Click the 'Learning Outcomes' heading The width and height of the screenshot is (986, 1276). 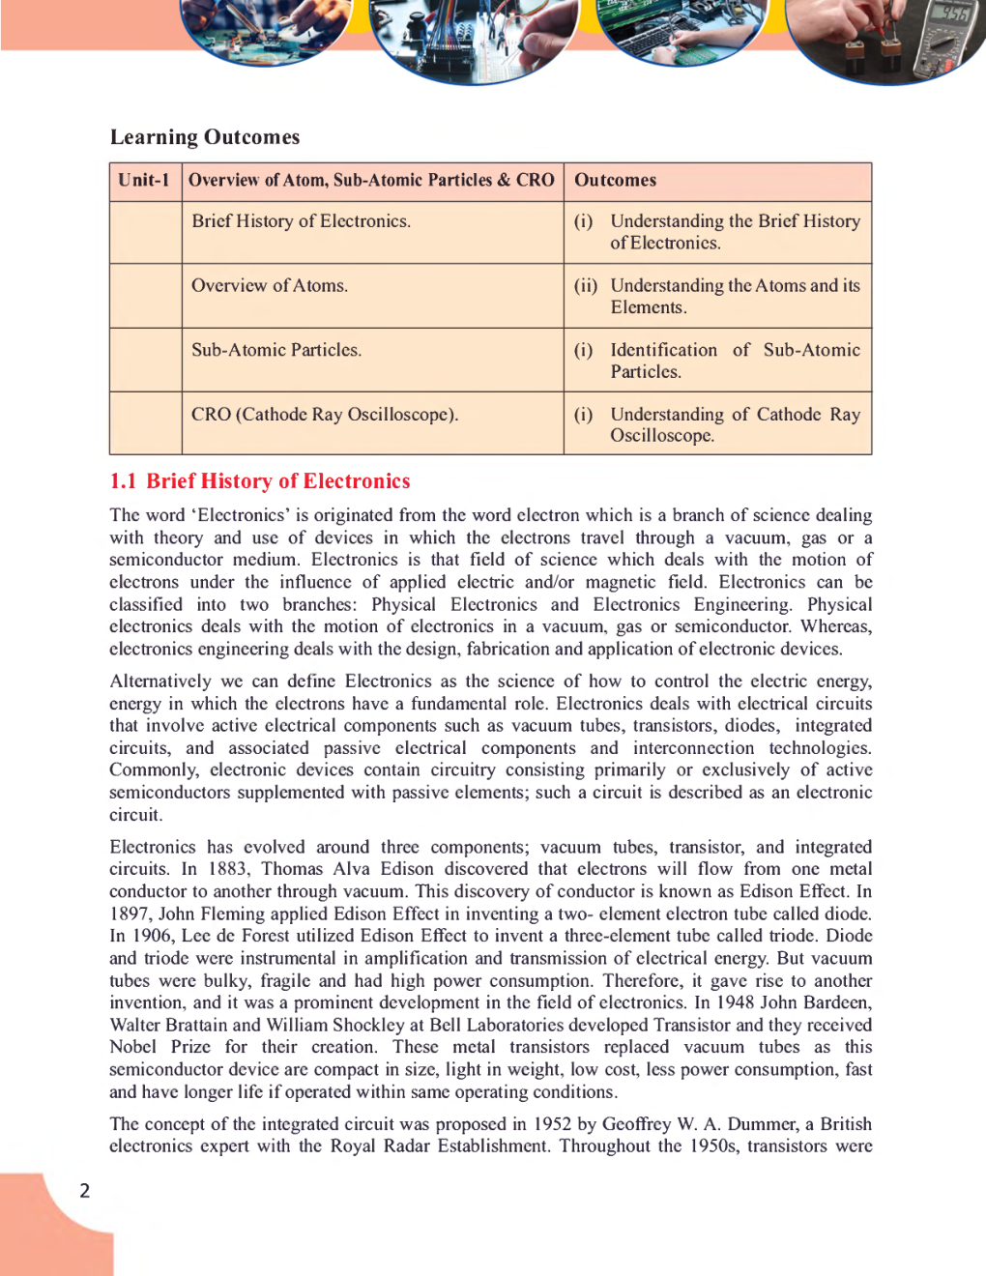point(205,137)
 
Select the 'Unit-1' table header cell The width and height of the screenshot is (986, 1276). point(144,180)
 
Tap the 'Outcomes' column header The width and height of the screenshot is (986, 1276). point(615,180)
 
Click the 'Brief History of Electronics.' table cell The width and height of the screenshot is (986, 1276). point(301,221)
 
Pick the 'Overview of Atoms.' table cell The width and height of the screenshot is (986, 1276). point(270,286)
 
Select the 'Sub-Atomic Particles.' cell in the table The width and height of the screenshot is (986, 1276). point(276,350)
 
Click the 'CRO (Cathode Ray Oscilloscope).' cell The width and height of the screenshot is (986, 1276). point(325,415)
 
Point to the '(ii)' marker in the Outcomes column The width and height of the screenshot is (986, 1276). point(586,286)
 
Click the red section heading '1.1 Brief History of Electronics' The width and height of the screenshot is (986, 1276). point(260,481)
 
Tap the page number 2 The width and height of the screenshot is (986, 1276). point(85,1191)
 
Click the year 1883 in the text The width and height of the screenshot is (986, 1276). point(228,869)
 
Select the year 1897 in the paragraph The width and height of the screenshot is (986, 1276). point(130,913)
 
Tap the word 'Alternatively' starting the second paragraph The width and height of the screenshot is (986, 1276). point(160,681)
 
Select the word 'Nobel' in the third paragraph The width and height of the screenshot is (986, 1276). point(132,1047)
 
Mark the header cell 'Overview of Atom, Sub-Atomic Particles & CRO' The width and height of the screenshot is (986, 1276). point(371,180)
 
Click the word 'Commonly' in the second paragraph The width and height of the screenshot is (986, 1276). point(154,770)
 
